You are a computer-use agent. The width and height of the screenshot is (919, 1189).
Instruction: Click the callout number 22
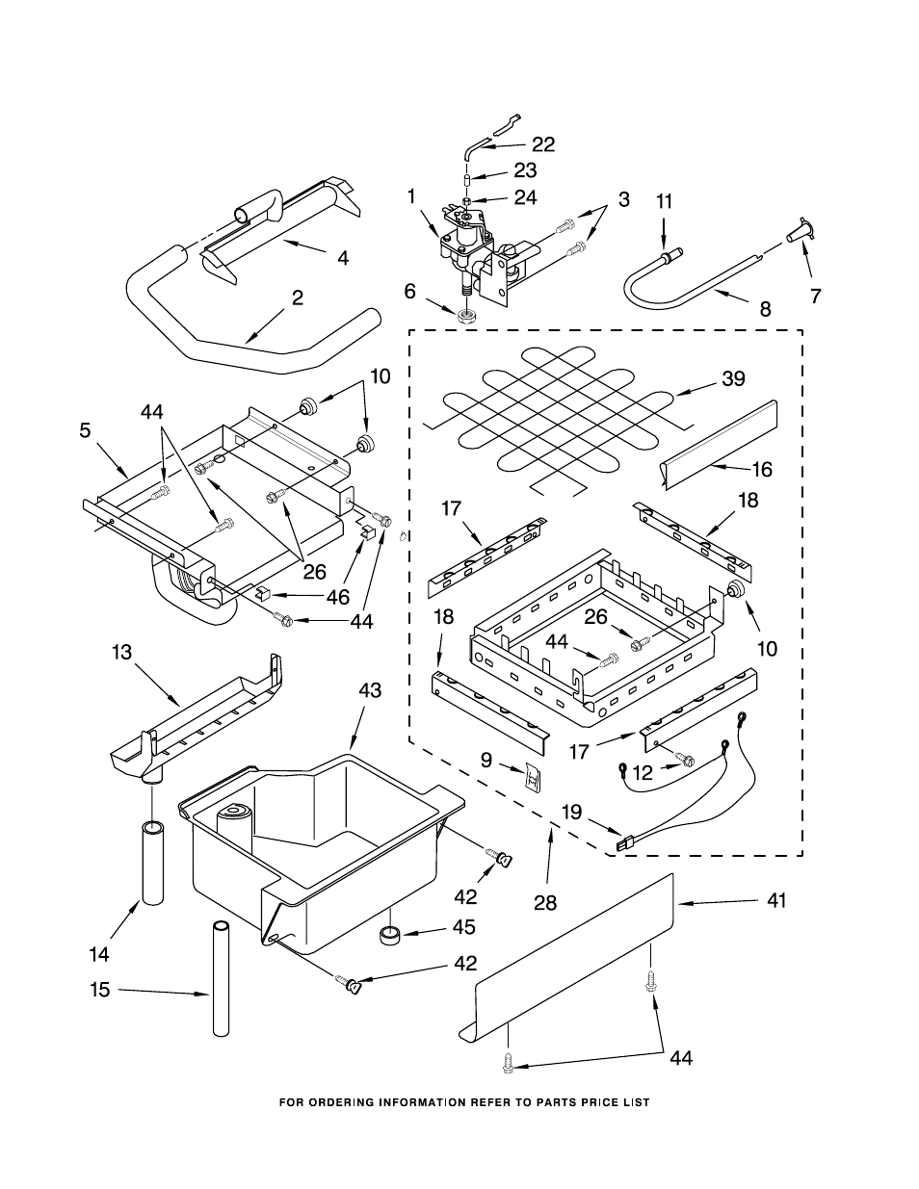pyautogui.click(x=543, y=144)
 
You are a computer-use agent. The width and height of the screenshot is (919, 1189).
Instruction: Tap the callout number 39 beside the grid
pyautogui.click(x=734, y=378)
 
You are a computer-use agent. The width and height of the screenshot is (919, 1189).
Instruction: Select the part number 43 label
pyautogui.click(x=370, y=690)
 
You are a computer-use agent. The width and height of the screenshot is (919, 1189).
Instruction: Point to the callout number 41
pyautogui.click(x=776, y=900)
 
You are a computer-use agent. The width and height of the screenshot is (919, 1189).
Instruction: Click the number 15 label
pyautogui.click(x=101, y=989)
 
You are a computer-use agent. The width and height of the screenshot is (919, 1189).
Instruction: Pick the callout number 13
pyautogui.click(x=121, y=652)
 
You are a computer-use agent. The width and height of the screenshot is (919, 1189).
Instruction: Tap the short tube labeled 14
pyautogui.click(x=154, y=862)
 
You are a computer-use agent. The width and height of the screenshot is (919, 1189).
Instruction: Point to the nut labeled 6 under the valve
pyautogui.click(x=467, y=315)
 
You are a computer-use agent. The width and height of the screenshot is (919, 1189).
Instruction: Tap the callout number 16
pyautogui.click(x=762, y=469)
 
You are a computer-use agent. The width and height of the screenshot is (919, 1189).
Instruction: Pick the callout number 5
pyautogui.click(x=86, y=430)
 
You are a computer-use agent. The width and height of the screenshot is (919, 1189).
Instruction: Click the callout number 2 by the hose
pyautogui.click(x=298, y=298)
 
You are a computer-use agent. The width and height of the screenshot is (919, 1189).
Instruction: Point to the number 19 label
pyautogui.click(x=572, y=812)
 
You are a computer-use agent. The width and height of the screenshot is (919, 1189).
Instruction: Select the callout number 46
pyautogui.click(x=337, y=597)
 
